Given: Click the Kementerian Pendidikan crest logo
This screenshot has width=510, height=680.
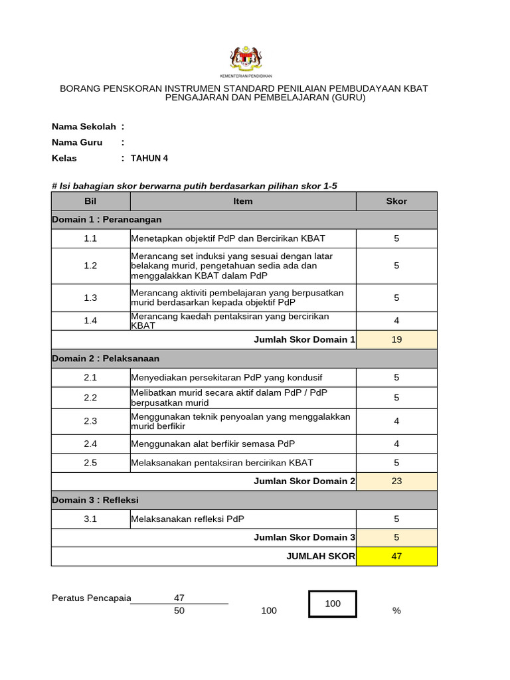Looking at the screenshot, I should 246,59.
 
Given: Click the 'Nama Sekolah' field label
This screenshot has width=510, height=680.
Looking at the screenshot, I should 84,126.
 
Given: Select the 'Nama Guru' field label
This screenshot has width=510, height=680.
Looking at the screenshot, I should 77,142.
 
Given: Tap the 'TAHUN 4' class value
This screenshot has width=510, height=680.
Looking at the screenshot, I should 149,158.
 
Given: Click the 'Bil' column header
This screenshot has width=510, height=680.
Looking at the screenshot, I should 90,201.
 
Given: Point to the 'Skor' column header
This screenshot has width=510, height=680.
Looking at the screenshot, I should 396,201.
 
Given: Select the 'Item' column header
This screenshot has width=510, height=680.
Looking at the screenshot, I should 243,201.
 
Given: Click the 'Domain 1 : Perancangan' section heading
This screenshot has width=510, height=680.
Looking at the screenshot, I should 107,220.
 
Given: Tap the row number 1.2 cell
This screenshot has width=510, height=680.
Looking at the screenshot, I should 90,266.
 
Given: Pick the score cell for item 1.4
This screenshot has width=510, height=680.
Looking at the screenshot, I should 396,321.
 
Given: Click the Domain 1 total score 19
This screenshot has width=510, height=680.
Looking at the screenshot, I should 396,339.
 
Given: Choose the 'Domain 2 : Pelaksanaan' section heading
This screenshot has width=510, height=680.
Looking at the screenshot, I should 106,359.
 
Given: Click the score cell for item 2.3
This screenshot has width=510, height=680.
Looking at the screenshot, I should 396,421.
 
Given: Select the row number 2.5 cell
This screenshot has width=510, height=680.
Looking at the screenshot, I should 90,463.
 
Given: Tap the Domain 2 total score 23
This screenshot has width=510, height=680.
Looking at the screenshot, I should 396,481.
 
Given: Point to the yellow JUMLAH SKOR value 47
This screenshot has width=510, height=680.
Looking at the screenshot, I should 396,556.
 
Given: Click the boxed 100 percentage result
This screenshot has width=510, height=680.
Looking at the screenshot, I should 333,604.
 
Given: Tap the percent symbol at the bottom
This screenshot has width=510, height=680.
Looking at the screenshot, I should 396,611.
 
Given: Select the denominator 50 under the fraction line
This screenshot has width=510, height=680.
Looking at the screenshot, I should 179,611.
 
